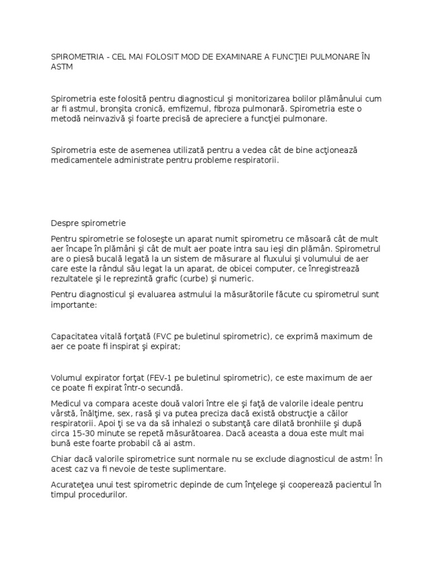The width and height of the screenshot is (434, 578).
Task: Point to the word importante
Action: click(73, 304)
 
